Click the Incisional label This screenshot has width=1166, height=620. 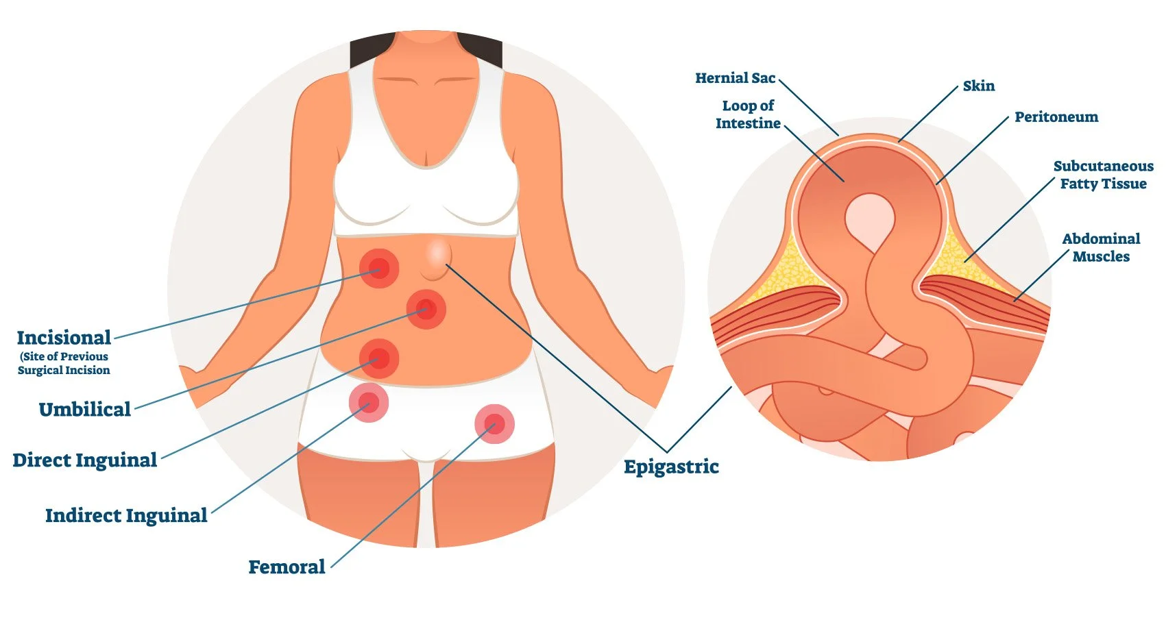pos(64,338)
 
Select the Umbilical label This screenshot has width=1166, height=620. pos(84,410)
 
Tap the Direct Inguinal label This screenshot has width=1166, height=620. pos(85,460)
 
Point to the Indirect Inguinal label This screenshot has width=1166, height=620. pos(126,516)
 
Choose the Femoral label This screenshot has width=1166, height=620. pos(287,567)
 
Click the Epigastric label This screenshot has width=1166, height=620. pos(671,467)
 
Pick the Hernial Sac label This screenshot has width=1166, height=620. pos(735,78)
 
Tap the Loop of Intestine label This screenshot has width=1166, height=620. pos(748,114)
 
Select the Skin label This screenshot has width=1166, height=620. pos(978,86)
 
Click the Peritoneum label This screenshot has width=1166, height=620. pos(1056,117)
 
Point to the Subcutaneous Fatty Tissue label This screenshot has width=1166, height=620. pos(1103,175)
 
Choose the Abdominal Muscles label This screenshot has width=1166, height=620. pos(1101,247)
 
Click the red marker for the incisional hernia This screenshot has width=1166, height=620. pos(379,268)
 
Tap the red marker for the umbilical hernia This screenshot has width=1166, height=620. pos(426,309)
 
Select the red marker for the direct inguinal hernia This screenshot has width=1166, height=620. pos(378,358)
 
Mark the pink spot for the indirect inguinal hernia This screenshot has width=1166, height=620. pos(369,402)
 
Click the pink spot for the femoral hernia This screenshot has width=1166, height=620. pos(494,424)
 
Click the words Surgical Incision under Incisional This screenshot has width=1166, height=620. pos(64,371)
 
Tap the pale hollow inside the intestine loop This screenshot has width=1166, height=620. pos(869,219)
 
